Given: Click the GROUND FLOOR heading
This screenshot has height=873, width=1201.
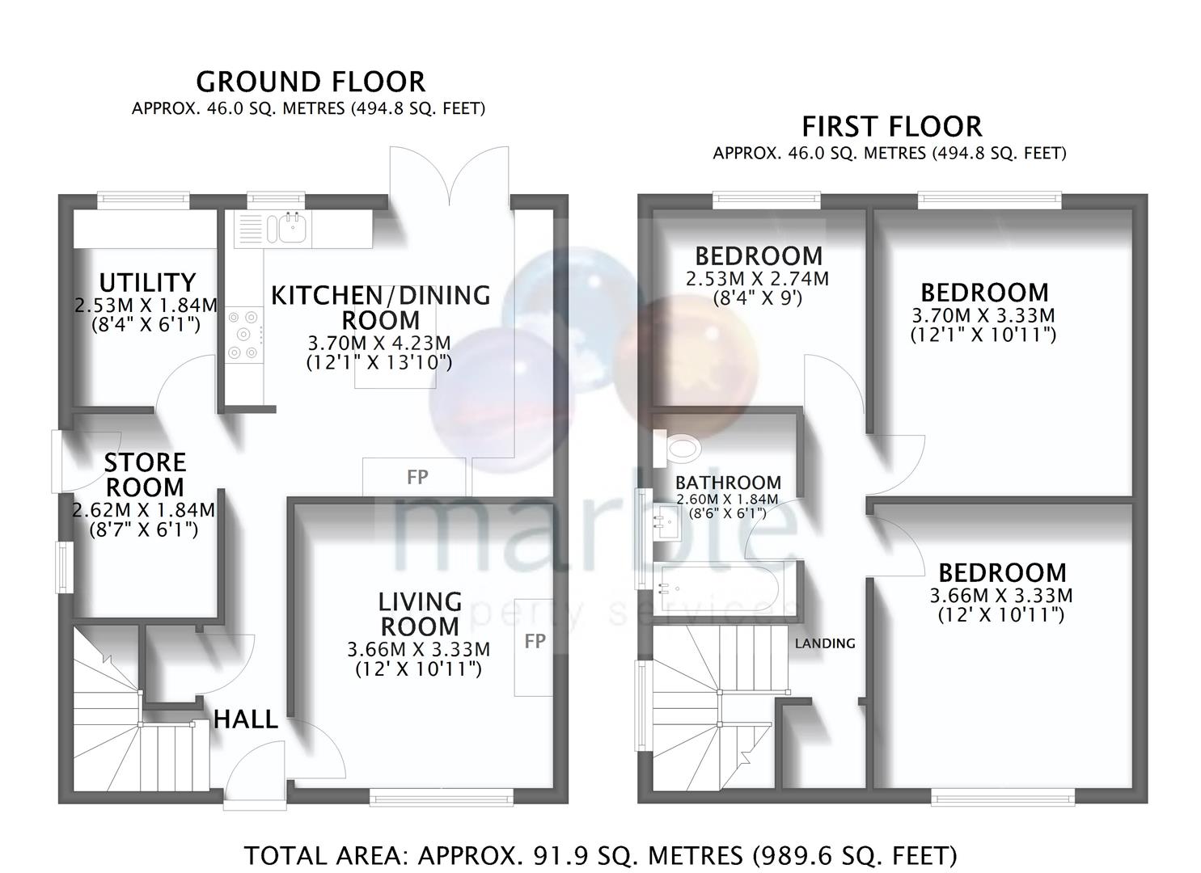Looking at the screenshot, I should click(x=311, y=82).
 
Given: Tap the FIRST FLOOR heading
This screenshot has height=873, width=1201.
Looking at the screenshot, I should click(x=891, y=127).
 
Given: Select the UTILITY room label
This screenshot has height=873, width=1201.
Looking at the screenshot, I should click(x=147, y=282).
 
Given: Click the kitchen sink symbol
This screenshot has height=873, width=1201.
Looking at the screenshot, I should click(x=291, y=228).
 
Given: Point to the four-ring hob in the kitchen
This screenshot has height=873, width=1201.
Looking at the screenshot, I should click(x=244, y=334).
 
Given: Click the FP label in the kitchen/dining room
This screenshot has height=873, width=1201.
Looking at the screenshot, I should click(x=417, y=477).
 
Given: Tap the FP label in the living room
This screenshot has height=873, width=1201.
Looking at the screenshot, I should click(x=535, y=641).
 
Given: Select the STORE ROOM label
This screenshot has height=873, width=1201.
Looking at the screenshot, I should click(x=145, y=474).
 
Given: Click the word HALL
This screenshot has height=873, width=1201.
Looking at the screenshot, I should click(x=245, y=719).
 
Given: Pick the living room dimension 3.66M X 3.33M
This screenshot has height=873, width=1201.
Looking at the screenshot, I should click(x=418, y=649).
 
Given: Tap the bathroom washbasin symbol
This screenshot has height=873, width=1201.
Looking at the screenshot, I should click(x=668, y=521).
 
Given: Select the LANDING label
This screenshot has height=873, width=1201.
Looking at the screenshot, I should click(x=824, y=643).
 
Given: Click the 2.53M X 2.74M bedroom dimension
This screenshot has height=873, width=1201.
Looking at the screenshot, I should click(x=757, y=280).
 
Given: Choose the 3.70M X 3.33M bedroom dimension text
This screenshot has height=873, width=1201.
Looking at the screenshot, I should click(x=983, y=315).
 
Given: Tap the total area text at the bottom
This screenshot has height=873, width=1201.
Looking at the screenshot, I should click(x=600, y=854).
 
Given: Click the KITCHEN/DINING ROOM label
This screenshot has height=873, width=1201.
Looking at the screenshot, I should click(x=380, y=307).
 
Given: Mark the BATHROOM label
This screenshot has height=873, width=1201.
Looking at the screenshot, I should click(x=728, y=483).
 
